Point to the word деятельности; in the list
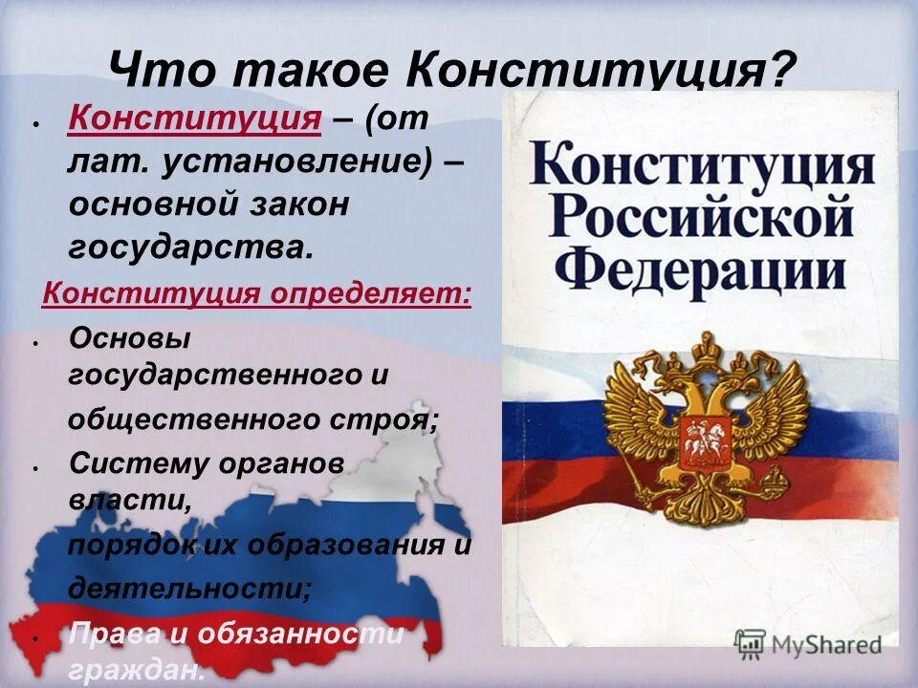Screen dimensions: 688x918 click(x=189, y=586)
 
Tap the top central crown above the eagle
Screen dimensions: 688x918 click(x=705, y=342)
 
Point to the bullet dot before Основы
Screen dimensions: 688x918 click(x=35, y=341)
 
